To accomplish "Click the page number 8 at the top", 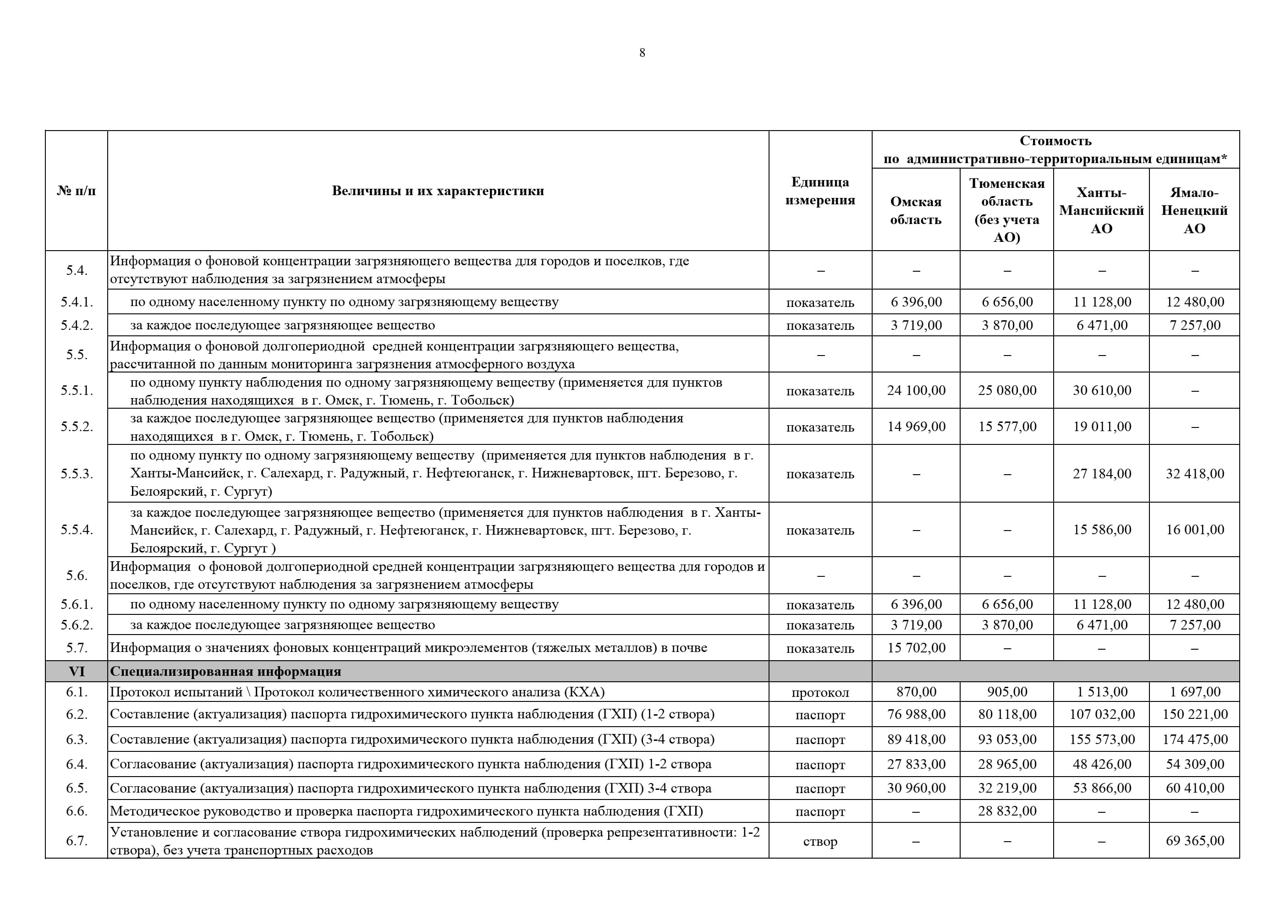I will tap(642, 53).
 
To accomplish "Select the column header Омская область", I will tap(915, 211).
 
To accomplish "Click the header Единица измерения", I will tap(819, 191).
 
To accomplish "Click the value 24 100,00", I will tap(916, 390).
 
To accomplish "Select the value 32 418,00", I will tap(1195, 474).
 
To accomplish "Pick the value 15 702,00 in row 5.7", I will tap(916, 648).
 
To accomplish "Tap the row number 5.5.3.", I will tap(77, 474).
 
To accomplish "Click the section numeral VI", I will tap(77, 671).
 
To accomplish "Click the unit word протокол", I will tap(819, 693).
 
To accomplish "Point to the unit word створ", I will tap(819, 841).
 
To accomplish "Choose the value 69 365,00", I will tap(1195, 841).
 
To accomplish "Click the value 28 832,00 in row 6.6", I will tap(1006, 811).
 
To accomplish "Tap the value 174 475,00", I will tap(1195, 739).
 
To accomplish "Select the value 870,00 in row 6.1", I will tap(916, 692).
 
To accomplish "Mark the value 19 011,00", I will tap(1102, 427).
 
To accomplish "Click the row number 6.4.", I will tap(77, 764).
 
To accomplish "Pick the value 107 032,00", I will tap(1102, 715).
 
